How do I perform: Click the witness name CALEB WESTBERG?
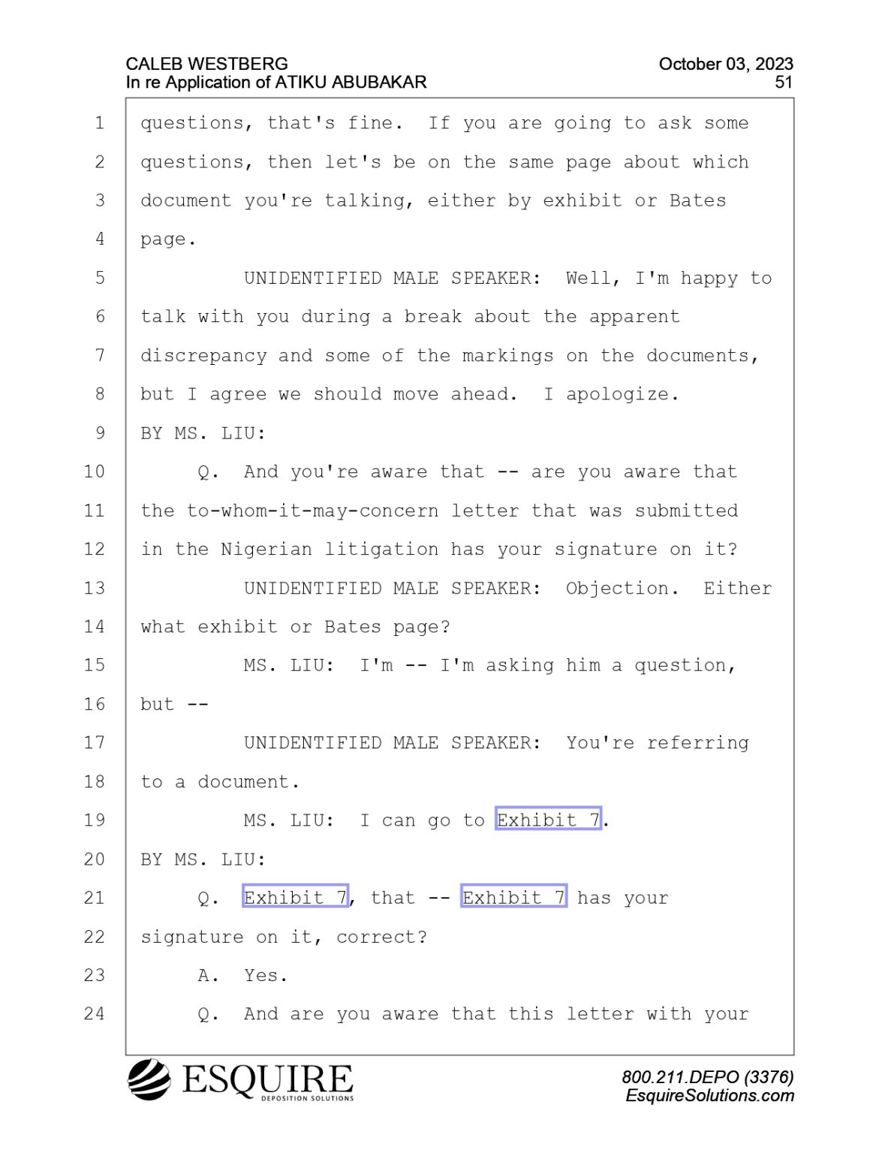(x=207, y=64)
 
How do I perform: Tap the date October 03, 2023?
(x=726, y=64)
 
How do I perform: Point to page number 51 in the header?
(x=784, y=83)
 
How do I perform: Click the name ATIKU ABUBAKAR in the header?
(x=351, y=83)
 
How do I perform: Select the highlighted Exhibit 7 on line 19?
(x=549, y=820)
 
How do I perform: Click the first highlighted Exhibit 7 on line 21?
(x=296, y=898)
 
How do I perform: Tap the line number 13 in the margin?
(x=95, y=588)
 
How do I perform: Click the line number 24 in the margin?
(x=95, y=1014)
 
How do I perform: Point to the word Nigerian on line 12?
(x=266, y=549)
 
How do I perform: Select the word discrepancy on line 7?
(x=203, y=356)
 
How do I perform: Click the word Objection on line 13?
(x=617, y=589)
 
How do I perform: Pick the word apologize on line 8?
(x=617, y=395)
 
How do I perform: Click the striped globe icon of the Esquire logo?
(x=149, y=1079)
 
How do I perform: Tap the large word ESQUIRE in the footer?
(x=267, y=1079)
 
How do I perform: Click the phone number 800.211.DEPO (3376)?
(x=708, y=1077)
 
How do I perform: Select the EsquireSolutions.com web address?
(x=709, y=1095)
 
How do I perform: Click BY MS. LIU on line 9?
(x=203, y=434)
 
